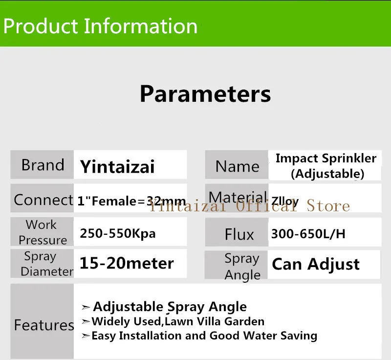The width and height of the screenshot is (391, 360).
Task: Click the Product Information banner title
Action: click(100, 26)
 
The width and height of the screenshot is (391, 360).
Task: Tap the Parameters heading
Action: click(205, 94)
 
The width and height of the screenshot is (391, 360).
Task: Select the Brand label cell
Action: click(42, 165)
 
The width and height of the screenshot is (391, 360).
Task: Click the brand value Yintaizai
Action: click(117, 166)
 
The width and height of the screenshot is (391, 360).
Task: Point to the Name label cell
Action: click(237, 165)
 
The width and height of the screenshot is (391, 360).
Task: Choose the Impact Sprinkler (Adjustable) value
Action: click(326, 166)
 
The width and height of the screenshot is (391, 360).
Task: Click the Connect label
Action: click(43, 200)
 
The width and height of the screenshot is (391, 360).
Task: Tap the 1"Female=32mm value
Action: click(131, 201)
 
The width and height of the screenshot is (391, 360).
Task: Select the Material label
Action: click(238, 197)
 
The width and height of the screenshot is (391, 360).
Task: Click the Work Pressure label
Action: click(43, 232)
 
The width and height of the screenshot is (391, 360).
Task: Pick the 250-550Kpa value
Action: click(118, 234)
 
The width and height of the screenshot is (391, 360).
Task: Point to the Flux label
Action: click(239, 234)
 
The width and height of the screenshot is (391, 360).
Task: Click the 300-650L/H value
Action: click(308, 234)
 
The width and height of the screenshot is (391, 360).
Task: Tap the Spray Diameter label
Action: click(47, 264)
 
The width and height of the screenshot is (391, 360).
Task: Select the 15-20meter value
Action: click(127, 263)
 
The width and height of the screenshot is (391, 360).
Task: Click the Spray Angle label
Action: click(242, 267)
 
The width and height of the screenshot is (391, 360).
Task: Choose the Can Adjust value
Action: click(316, 265)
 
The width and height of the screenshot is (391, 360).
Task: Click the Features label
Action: click(44, 325)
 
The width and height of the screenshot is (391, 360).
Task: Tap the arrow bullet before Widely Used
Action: click(86, 322)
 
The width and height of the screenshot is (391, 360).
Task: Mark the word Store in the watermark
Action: click(328, 206)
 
